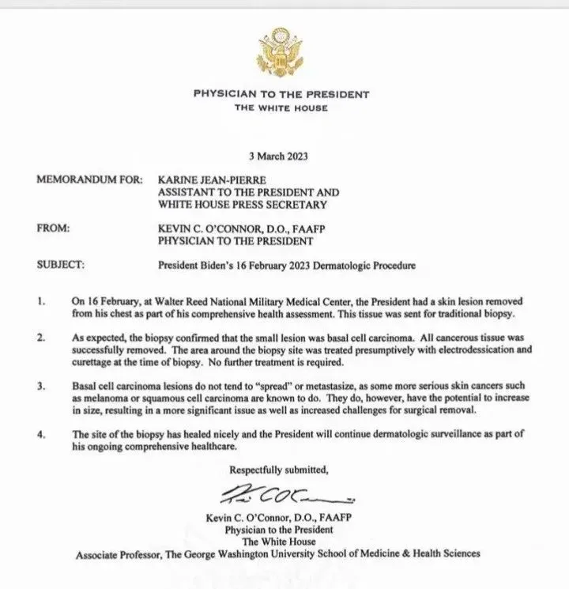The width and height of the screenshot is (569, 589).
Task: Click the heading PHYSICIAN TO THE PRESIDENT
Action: tap(281, 94)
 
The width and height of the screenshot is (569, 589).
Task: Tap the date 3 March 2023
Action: tap(281, 158)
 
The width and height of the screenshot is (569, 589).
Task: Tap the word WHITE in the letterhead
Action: tap(281, 107)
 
